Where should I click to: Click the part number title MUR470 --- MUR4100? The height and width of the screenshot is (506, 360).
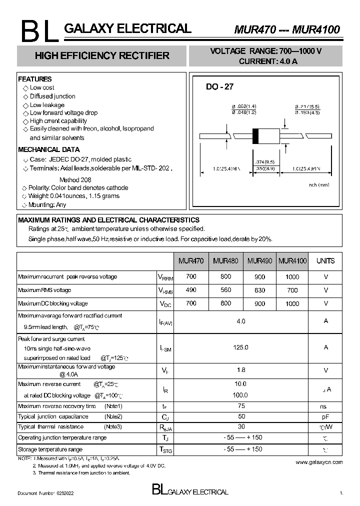(287, 29)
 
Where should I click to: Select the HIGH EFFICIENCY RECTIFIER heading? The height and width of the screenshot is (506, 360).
(102, 55)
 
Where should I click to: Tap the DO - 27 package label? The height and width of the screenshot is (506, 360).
(219, 86)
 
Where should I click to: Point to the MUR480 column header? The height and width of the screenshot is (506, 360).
(225, 260)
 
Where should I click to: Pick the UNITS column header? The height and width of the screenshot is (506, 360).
(325, 260)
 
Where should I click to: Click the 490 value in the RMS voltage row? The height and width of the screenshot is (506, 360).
(191, 290)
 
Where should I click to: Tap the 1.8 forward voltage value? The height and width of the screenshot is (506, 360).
(241, 370)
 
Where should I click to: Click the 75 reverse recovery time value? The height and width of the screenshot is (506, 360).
(241, 406)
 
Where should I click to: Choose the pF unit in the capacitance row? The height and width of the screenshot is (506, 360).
(325, 416)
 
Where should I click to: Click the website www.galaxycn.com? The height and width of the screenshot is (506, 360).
(319, 462)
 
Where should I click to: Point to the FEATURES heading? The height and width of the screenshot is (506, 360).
(35, 79)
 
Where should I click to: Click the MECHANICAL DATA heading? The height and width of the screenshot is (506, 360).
(49, 149)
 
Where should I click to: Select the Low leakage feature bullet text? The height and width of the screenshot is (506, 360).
(47, 105)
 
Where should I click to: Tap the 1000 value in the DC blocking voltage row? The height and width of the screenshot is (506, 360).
(292, 303)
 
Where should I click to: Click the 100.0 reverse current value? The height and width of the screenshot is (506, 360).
(241, 395)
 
